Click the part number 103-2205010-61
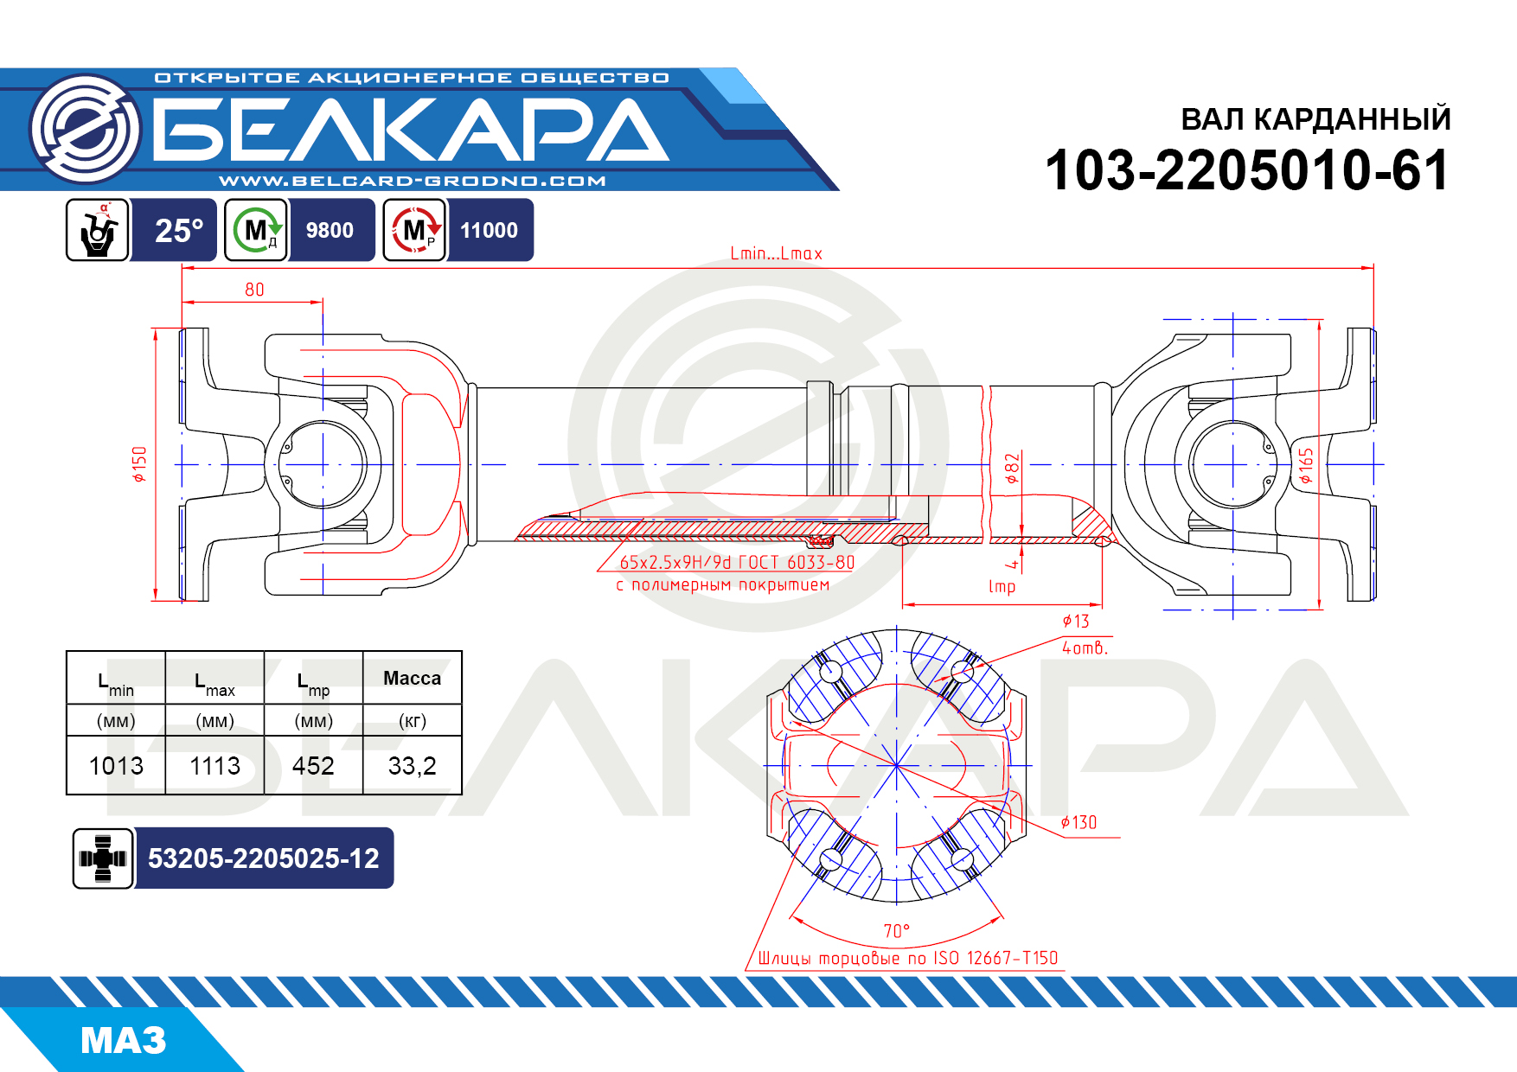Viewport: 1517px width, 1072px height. point(1246,169)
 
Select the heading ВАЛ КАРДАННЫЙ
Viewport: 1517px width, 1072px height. point(1315,119)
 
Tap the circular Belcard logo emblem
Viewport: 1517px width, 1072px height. point(86,129)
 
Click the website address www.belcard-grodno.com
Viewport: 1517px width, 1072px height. point(413,181)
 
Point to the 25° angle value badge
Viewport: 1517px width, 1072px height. point(178,231)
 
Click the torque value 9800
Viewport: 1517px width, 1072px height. point(330,231)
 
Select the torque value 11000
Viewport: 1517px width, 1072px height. point(489,231)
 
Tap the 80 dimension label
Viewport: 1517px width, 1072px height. point(254,290)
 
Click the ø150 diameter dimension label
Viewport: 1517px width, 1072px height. point(140,464)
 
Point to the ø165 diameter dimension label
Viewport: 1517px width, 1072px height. point(1305,466)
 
